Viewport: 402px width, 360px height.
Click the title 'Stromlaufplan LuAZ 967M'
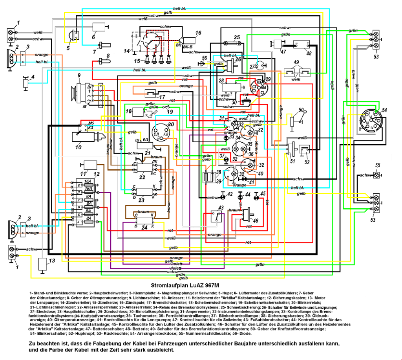(x=185, y=286)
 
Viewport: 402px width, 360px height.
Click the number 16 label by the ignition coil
(x=198, y=33)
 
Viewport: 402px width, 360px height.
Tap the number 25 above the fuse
(x=236, y=38)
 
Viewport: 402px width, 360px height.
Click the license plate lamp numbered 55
(x=377, y=175)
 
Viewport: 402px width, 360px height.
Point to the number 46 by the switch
(x=256, y=222)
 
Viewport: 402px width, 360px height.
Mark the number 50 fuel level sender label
(x=301, y=110)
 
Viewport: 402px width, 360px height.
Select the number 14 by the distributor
(x=127, y=51)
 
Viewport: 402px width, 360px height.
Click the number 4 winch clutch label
(x=33, y=77)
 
